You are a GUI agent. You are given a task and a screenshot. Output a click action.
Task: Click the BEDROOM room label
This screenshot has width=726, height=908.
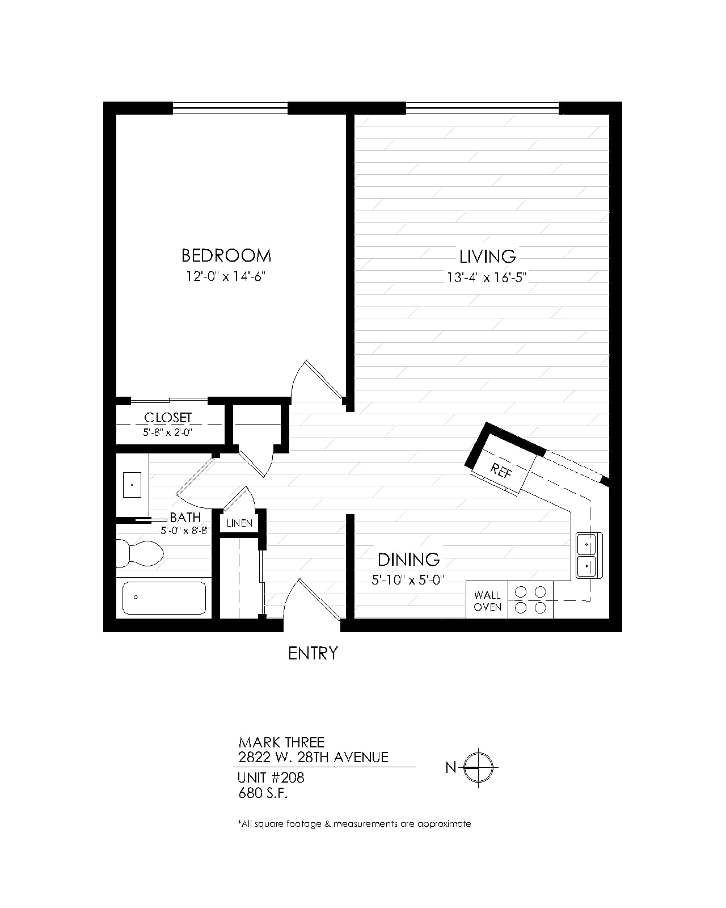click(226, 256)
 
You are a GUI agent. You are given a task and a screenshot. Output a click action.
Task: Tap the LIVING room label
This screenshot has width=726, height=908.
click(487, 257)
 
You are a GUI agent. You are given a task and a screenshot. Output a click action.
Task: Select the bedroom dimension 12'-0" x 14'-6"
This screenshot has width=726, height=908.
click(226, 276)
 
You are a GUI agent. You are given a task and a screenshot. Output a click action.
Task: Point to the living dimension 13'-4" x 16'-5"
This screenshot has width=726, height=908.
click(487, 277)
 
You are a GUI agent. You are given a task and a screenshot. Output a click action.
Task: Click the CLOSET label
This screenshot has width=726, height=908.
click(168, 418)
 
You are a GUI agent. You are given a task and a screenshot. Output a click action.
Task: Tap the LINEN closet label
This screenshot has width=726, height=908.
click(239, 523)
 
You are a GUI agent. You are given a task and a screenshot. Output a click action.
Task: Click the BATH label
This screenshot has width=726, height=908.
click(185, 518)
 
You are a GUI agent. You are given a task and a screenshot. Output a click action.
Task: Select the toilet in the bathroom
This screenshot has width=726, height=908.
click(140, 553)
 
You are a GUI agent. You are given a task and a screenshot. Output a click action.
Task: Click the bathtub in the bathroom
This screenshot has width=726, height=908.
click(164, 598)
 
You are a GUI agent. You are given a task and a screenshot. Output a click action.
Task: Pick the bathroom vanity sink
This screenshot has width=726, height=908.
click(132, 485)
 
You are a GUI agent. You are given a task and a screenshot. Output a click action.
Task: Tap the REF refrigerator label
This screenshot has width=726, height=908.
click(501, 470)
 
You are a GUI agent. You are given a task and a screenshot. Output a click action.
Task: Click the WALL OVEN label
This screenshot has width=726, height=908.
click(487, 601)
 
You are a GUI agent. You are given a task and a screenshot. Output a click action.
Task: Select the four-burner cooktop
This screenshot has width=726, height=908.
click(531, 600)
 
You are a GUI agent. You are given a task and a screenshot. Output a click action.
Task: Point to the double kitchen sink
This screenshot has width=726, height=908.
click(589, 555)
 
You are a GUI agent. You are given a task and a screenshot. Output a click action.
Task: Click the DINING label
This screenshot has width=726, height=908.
click(408, 560)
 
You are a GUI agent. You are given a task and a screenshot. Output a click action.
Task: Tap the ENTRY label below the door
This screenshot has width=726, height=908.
click(313, 654)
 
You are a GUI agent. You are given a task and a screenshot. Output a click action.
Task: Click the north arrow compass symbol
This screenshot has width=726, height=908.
click(478, 767)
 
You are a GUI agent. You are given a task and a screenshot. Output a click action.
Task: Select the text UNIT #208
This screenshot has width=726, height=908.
click(271, 777)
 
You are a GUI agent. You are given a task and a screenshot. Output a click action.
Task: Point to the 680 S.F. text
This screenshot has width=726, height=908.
click(263, 794)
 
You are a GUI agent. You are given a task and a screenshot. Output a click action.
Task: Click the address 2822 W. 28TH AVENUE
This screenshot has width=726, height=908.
click(313, 758)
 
